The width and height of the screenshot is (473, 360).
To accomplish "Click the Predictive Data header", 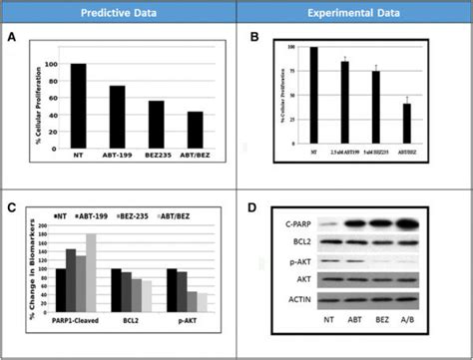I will [119, 12].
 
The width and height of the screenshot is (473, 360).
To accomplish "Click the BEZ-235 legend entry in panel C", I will [151, 215].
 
